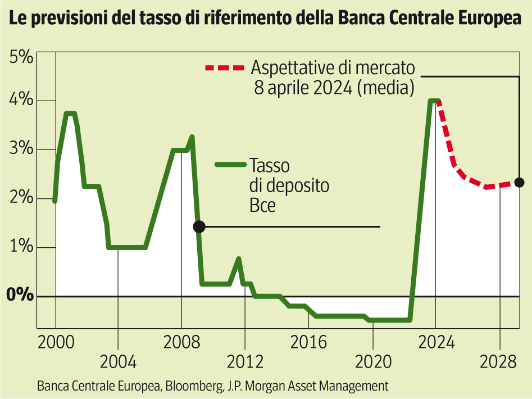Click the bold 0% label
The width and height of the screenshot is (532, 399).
pyautogui.click(x=19, y=296)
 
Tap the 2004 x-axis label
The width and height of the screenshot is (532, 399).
pyautogui.click(x=118, y=361)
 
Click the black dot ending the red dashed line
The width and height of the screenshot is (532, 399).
pyautogui.click(x=520, y=182)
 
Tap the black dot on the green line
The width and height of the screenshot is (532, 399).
pyautogui.click(x=199, y=226)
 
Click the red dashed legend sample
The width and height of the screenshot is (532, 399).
pyautogui.click(x=225, y=68)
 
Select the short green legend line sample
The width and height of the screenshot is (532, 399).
pyautogui.click(x=230, y=165)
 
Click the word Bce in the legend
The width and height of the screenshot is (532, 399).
pyautogui.click(x=263, y=206)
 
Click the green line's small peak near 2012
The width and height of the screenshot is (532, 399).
pyautogui.click(x=239, y=259)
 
